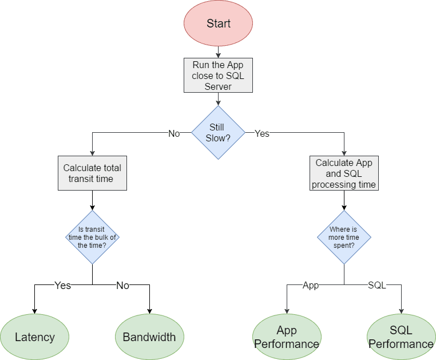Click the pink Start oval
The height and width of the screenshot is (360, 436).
[218, 23]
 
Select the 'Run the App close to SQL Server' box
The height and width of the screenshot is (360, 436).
[218, 75]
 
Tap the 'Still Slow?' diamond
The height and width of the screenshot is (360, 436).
[218, 132]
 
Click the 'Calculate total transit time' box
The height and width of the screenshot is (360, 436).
[92, 173]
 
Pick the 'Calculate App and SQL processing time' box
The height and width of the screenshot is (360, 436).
[344, 173]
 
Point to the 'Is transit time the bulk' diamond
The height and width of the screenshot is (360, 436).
[92, 238]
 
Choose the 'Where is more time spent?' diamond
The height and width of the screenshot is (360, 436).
[344, 238]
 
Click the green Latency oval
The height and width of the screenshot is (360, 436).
[35, 337]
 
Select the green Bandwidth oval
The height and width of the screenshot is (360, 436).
[149, 337]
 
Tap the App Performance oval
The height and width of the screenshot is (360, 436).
[287, 337]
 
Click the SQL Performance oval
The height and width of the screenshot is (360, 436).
[401, 337]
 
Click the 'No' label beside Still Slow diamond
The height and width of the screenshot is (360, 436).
[174, 133]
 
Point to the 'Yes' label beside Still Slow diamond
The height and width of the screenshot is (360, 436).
[262, 133]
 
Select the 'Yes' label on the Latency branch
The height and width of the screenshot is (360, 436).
[62, 286]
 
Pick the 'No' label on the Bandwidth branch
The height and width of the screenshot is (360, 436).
[122, 286]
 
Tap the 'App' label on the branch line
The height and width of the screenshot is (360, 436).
[311, 286]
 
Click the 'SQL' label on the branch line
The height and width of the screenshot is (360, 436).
[376, 285]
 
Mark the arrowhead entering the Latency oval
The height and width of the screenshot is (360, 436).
[34, 311]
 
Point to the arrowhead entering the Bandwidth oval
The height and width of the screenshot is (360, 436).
[149, 311]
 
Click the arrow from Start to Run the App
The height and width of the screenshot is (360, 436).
[218, 52]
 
